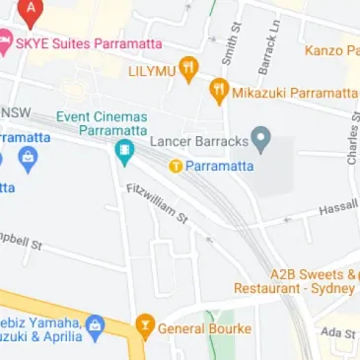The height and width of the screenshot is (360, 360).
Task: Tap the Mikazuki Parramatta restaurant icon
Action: pos(219,92)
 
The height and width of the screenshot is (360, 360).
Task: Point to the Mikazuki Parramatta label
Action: pos(294,93)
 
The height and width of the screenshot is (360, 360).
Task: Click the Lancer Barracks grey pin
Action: pos(260,139)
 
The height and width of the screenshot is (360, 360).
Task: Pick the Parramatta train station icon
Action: pos(176,166)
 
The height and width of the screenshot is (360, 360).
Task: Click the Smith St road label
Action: pos(232,42)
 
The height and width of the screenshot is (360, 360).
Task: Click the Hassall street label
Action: pos(338,208)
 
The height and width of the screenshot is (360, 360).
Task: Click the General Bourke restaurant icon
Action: pos(145,325)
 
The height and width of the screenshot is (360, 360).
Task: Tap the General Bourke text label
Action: pos(204,327)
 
